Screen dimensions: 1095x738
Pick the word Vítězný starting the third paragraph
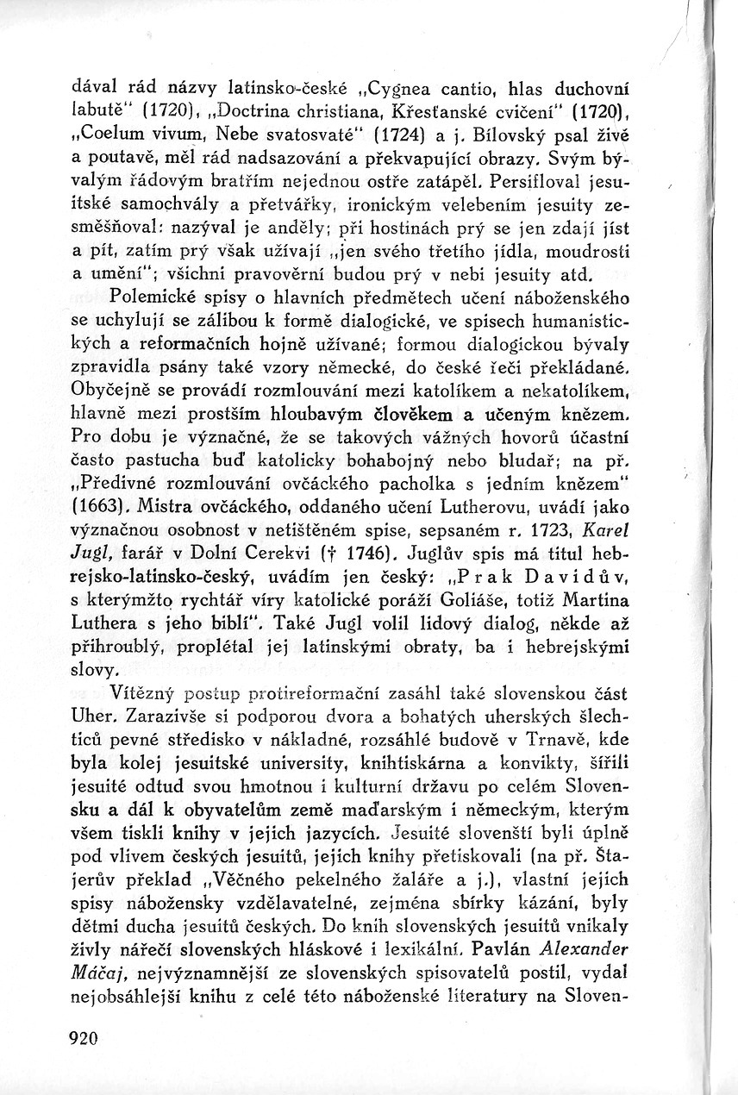coord(141,691)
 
